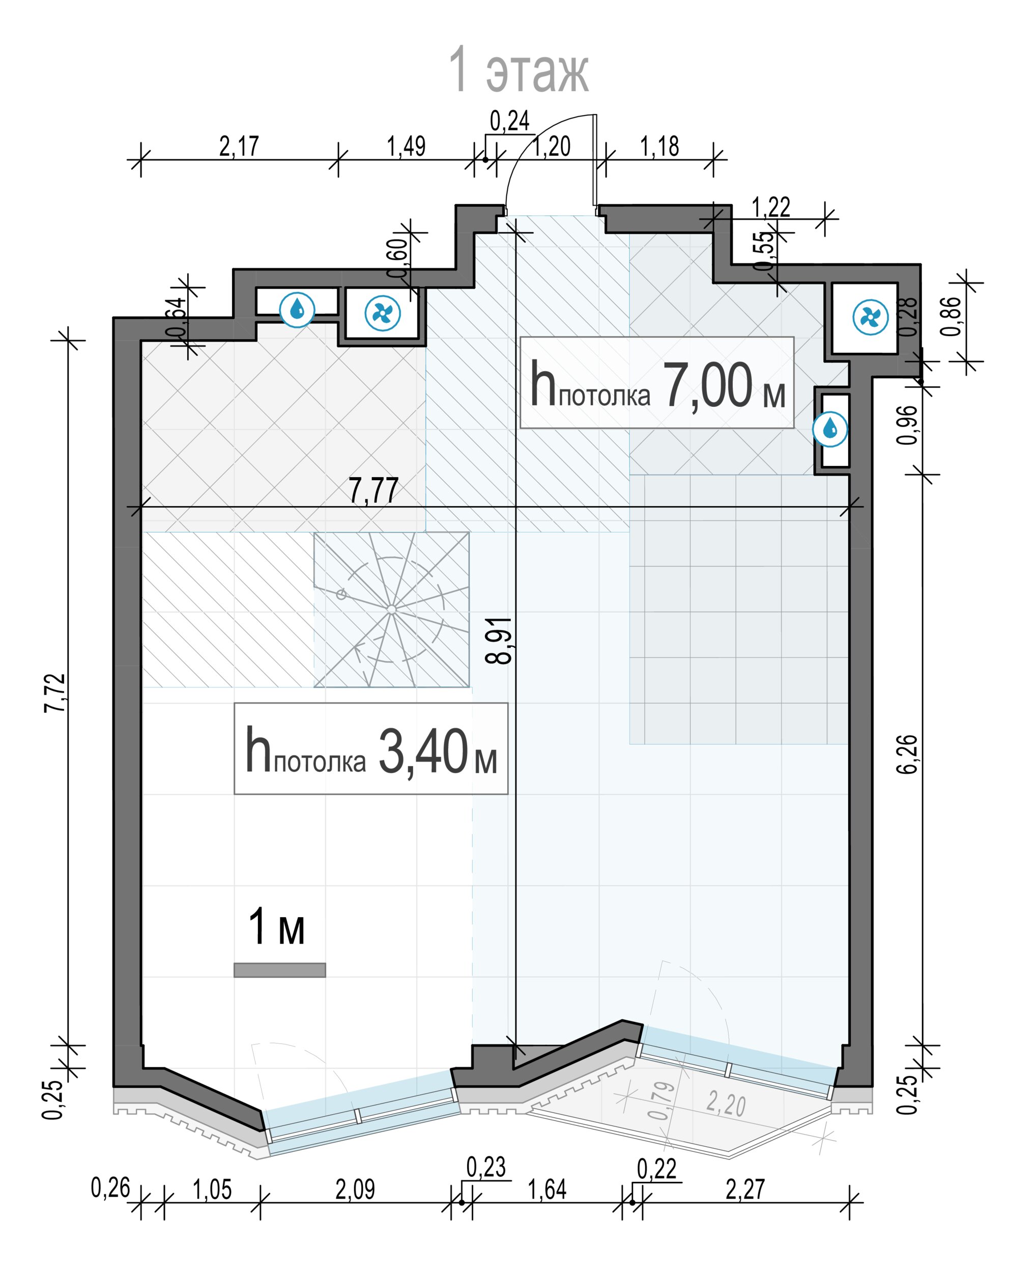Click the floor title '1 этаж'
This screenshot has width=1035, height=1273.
(x=518, y=70)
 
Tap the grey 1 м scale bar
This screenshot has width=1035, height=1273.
(x=280, y=970)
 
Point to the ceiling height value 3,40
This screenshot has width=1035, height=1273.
(x=423, y=751)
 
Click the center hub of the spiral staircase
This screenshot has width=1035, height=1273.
(x=391, y=609)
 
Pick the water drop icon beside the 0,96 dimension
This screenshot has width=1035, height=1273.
(x=830, y=429)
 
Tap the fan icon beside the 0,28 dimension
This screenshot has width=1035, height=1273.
(x=871, y=317)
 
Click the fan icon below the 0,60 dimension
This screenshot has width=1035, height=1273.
(x=383, y=313)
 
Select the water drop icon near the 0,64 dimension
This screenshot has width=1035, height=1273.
(x=297, y=309)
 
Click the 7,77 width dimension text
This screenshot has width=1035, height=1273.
(x=374, y=490)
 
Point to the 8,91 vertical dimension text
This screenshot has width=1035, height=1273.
(x=499, y=641)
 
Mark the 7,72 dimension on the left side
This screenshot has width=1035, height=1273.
(x=56, y=693)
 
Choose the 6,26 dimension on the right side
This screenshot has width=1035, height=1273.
(x=907, y=755)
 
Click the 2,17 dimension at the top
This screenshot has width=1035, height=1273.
(x=239, y=146)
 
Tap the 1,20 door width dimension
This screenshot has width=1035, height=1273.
(x=552, y=146)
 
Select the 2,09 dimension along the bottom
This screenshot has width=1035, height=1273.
(x=355, y=1189)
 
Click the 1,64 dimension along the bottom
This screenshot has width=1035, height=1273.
(x=548, y=1189)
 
